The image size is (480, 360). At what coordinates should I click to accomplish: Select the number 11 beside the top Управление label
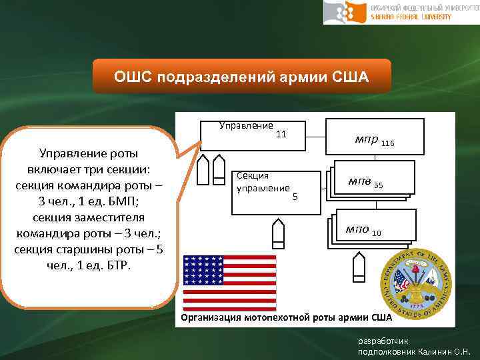[x=281, y=134]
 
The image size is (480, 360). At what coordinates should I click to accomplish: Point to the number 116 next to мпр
[x=388, y=143]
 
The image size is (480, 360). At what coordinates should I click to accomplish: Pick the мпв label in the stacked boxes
[x=360, y=182]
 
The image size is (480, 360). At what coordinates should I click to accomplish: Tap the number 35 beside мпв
[x=379, y=185]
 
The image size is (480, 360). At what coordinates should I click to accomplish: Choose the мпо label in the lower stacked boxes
[x=357, y=230]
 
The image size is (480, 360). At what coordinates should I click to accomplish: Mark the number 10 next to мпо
[x=377, y=233]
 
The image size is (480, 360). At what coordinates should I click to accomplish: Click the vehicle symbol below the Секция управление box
[x=279, y=233]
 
